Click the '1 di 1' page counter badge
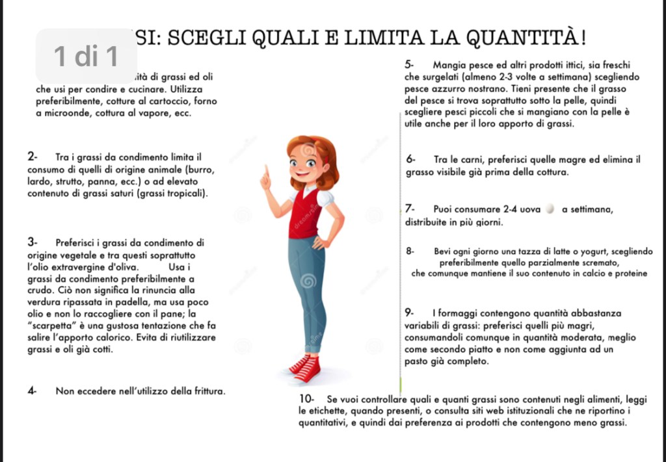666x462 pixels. tap(87, 57)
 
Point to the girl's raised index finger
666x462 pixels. tap(265, 171)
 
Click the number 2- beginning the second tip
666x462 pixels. tap(33, 157)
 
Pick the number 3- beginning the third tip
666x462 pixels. tap(33, 243)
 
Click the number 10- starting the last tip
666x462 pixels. tap(306, 398)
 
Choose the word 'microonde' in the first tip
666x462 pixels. tap(65, 113)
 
